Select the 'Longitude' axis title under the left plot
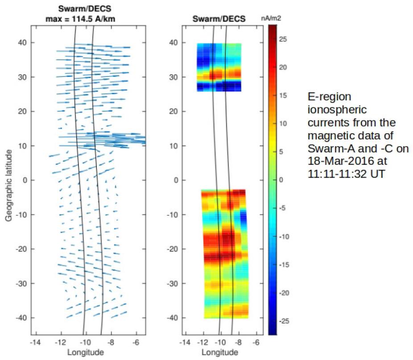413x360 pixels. pyautogui.click(x=86, y=352)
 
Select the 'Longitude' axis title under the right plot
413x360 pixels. pyautogui.click(x=220, y=352)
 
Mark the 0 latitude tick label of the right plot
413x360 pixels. pyautogui.click(x=176, y=180)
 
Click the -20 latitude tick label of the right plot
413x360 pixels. pyautogui.click(x=174, y=249)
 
